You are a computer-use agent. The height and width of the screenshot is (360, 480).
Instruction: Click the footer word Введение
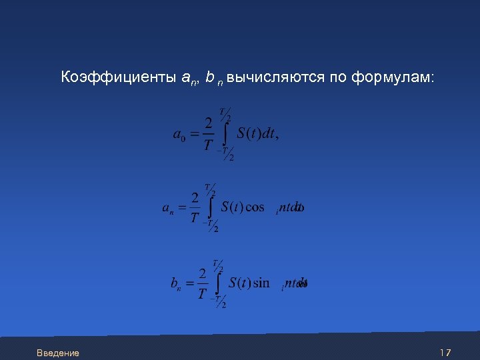click(58, 353)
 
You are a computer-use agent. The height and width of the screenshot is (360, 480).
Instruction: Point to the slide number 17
click(445, 352)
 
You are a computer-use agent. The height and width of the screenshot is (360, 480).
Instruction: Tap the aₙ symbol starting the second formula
click(168, 208)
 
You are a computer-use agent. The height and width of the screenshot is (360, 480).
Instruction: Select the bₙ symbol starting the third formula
click(176, 284)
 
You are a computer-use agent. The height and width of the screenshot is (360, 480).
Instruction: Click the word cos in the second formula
click(255, 207)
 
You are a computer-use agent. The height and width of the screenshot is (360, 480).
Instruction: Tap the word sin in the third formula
click(261, 283)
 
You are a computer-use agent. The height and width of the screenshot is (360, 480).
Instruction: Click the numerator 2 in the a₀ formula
click(209, 123)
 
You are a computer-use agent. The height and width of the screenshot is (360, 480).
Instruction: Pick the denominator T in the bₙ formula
click(202, 295)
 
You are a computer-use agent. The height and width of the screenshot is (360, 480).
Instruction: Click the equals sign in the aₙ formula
click(181, 209)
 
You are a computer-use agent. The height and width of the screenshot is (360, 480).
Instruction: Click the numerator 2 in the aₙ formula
click(195, 197)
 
